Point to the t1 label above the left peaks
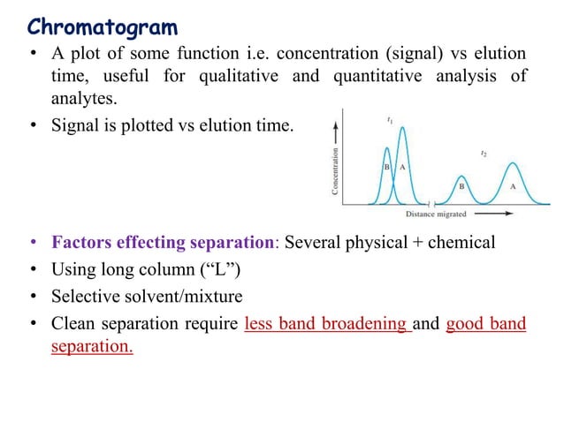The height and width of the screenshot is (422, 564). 391,118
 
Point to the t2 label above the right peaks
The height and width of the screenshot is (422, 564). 483,153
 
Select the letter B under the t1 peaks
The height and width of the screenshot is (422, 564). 387,166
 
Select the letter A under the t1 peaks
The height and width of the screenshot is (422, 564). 403,166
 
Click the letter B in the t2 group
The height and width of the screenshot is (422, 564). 461,187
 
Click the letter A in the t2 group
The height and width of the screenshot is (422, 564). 514,187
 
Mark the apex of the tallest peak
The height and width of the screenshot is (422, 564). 403,129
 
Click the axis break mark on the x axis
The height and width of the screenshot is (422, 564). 429,204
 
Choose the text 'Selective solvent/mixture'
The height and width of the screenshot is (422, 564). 149,296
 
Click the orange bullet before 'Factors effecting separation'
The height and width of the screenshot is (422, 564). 33,243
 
